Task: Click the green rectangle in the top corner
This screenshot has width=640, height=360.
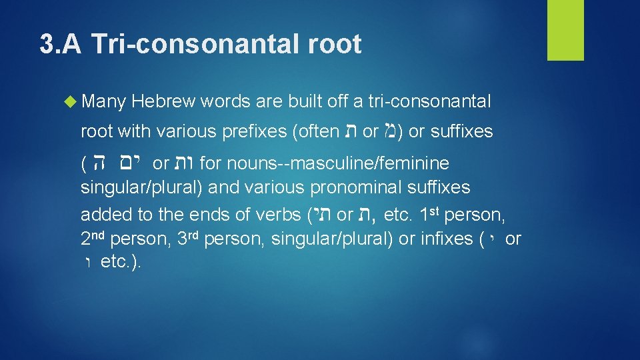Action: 565,30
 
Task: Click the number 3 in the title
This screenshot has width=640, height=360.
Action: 46,45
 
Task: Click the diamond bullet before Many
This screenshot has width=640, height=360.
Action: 71,102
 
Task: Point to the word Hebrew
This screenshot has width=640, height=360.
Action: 163,102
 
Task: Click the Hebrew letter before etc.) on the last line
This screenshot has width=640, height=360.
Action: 88,262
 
